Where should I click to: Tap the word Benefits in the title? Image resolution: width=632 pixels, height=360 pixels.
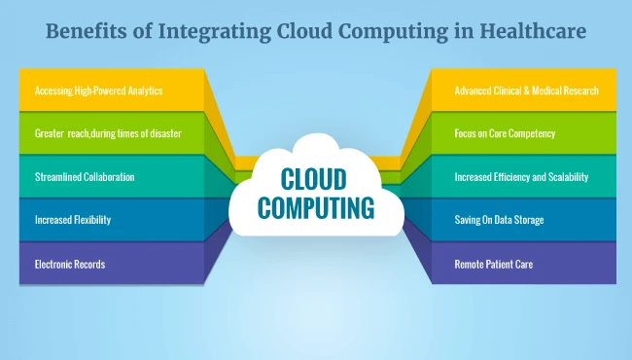tap(90, 32)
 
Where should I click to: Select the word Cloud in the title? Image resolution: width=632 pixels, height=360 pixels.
tap(315, 32)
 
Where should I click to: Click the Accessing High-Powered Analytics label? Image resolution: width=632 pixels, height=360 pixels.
tap(98, 90)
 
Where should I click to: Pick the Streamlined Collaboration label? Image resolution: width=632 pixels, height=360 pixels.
tap(85, 177)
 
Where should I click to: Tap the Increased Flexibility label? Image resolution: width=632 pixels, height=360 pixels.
tap(73, 220)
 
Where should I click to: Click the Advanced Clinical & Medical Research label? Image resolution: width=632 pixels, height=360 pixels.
tap(526, 90)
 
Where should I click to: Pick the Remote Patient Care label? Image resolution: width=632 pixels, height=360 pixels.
tap(495, 264)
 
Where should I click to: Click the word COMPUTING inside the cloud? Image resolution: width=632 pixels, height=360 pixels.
tap(315, 206)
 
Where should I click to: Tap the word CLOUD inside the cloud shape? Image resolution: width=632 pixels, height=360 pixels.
tap(315, 178)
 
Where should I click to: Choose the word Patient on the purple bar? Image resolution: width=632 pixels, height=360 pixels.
tap(501, 264)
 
